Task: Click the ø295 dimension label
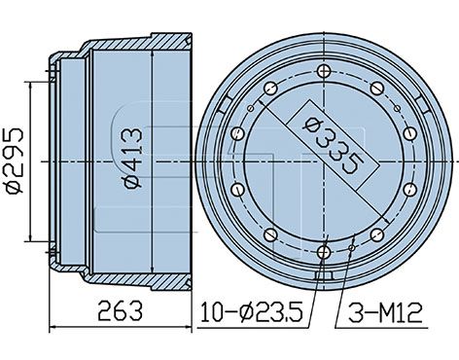tap(15, 162)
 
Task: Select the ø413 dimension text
tap(133, 158)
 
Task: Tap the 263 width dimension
tap(121, 310)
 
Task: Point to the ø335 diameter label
tap(333, 146)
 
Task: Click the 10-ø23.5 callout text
tap(252, 312)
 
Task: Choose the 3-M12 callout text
tap(385, 312)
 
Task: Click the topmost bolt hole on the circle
tap(324, 71)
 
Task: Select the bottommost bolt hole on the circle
tap(324, 252)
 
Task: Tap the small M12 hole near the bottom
tap(352, 248)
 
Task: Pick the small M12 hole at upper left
tap(250, 108)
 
